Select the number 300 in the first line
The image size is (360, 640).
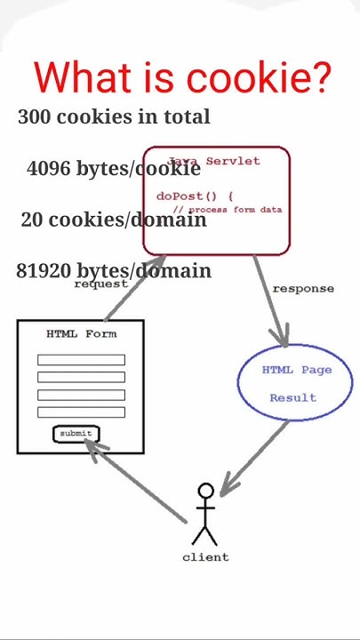[34, 116]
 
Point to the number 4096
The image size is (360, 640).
[48, 168]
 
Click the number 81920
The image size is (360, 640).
[44, 271]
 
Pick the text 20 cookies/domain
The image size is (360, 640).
[113, 220]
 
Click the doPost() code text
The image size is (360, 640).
[194, 196]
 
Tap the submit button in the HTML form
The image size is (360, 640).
[76, 434]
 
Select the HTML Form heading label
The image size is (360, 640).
[81, 334]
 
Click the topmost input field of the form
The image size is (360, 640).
[81, 360]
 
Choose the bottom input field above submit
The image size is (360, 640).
[81, 412]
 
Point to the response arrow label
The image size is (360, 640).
[303, 289]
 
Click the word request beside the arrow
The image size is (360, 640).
[100, 284]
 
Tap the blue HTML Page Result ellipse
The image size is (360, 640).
[294, 382]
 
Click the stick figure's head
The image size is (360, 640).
[205, 492]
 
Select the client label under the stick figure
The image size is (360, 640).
[205, 557]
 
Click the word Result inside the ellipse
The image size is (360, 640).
[293, 397]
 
